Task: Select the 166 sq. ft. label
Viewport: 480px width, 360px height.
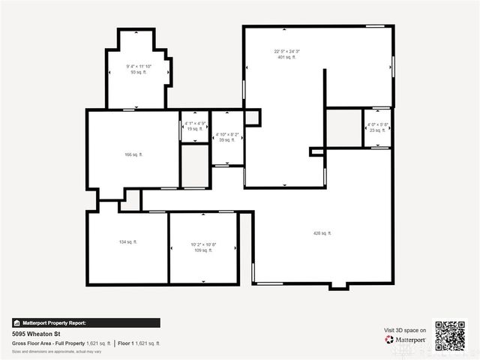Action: [133, 154]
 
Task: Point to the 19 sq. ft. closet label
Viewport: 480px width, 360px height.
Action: [194, 129]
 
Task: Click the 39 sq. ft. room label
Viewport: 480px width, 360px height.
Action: [226, 140]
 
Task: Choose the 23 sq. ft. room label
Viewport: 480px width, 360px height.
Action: [376, 130]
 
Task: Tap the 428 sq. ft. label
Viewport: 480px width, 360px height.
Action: [322, 233]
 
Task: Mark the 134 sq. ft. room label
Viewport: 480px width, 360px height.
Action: [127, 242]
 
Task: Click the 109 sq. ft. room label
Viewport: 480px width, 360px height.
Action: [202, 250]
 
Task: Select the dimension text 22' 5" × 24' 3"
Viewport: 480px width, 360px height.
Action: [286, 51]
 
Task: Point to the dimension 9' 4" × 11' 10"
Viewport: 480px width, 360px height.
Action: [139, 67]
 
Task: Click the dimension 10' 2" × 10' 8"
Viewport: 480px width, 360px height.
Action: [202, 244]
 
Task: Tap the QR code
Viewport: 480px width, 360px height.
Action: [450, 336]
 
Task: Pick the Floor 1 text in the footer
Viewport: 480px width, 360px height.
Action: [125, 343]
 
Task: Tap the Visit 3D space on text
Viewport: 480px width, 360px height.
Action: [405, 330]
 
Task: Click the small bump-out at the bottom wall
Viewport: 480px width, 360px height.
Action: [338, 286]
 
